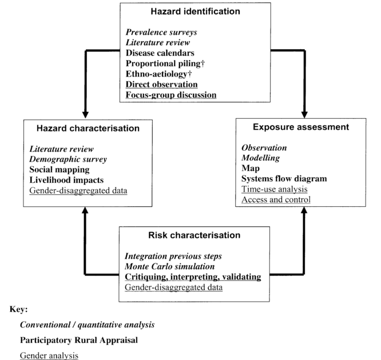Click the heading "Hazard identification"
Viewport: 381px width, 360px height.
point(195,11)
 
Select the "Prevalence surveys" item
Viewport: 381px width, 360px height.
point(161,32)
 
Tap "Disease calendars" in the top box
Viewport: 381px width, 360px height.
point(160,53)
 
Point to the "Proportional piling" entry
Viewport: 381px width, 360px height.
point(165,63)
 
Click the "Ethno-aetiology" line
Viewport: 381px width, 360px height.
point(158,74)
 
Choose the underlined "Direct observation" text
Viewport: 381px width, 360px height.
point(161,85)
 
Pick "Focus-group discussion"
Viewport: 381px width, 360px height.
point(171,95)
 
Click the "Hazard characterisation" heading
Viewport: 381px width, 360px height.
point(88,128)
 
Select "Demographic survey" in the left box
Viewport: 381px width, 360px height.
point(68,159)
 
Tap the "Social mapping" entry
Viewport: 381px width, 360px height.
point(59,170)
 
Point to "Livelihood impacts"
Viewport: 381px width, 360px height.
point(66,180)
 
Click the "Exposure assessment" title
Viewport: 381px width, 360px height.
point(301,127)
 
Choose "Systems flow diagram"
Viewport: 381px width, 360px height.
point(284,179)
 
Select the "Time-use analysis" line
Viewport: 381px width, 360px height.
point(275,189)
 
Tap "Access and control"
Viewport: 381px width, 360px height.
point(276,199)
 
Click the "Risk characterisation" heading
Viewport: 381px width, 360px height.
point(195,235)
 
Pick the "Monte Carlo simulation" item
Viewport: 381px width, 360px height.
point(169,266)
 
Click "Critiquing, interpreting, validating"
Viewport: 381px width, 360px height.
point(193,277)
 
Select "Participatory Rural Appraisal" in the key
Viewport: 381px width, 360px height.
point(79,340)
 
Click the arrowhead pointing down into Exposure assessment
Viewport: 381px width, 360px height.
point(304,115)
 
